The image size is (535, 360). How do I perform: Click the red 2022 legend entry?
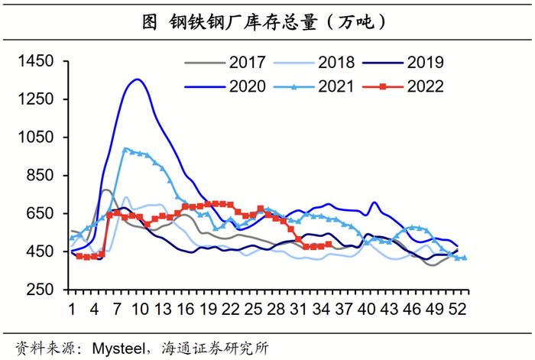pos(424,86)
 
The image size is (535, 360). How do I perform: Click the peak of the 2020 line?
pos(137,79)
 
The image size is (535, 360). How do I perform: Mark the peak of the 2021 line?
pos(125,149)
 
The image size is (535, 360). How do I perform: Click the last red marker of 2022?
pos(329,245)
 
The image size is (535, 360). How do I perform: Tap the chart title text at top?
pos(267,21)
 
